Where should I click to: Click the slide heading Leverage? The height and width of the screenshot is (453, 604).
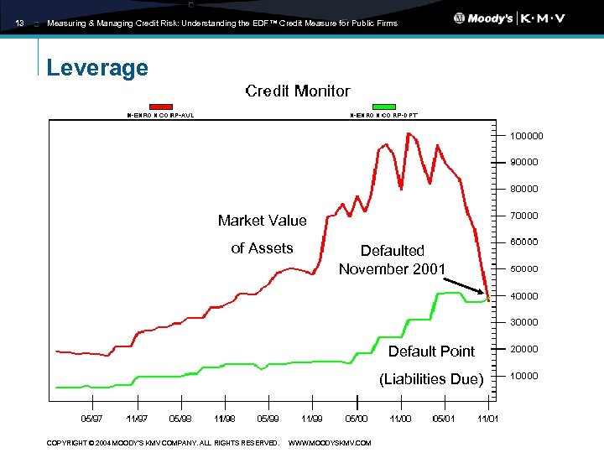97,67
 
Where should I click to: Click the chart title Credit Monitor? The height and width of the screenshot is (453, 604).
297,91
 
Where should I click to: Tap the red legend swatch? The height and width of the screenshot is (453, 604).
160,107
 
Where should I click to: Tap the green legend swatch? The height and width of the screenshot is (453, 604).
383,107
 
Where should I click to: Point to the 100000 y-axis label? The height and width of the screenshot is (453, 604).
526,136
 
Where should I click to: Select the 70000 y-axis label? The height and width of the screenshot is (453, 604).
524,216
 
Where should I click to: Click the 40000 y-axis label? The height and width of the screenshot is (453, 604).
524,296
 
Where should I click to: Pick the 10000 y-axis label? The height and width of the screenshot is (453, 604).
524,376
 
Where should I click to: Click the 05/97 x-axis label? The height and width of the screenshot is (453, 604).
91,418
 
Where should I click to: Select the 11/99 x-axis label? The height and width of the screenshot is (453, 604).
311,418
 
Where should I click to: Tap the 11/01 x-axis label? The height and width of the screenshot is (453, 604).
487,418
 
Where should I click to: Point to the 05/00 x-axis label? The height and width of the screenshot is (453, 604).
356,418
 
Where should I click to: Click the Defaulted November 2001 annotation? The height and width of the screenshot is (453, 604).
392,259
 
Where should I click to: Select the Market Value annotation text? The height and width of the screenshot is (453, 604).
262,221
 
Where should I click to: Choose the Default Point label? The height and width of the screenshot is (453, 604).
431,351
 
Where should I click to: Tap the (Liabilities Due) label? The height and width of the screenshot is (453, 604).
431,379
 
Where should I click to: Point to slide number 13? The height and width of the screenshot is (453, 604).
19,23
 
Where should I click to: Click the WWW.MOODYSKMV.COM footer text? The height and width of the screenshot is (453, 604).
329,443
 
